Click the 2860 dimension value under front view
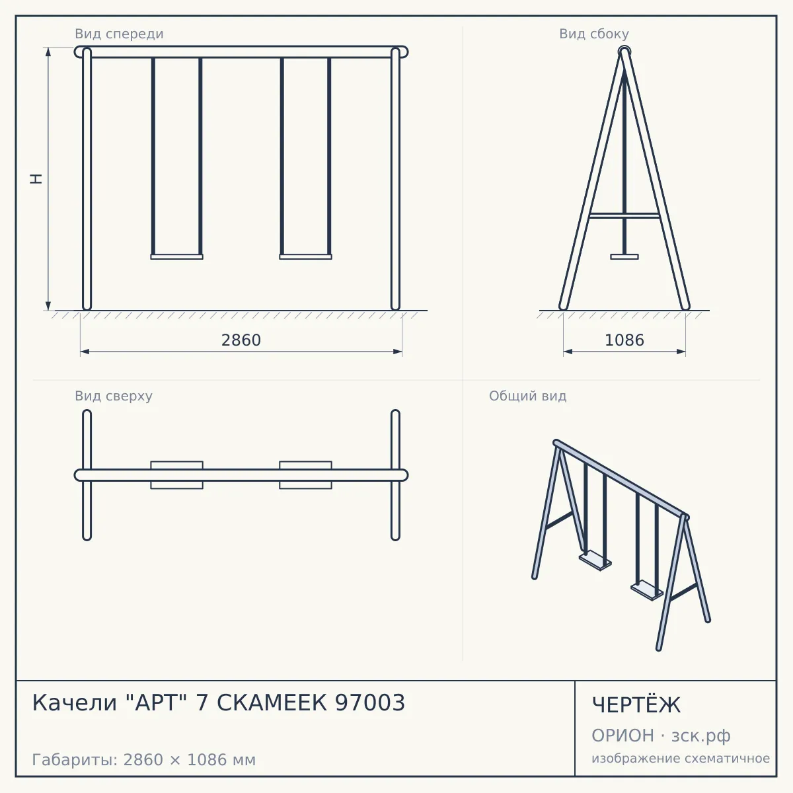[x=241, y=340]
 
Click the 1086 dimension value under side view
[x=624, y=340]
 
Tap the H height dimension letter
[x=36, y=178]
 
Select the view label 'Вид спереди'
[x=119, y=34]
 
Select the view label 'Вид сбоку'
[x=594, y=34]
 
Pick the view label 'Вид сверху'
[x=114, y=396]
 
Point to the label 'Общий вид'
[x=527, y=396]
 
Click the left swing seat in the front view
[x=176, y=257]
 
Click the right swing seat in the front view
[x=305, y=257]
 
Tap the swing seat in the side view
[x=624, y=257]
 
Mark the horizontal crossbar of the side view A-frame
[x=624, y=215]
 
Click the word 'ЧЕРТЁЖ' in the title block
[x=636, y=704]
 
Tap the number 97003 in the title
[x=370, y=702]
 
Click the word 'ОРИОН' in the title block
[x=623, y=736]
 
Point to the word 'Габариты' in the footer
[x=76, y=760]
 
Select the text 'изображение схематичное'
[x=681, y=758]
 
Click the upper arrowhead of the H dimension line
[x=48, y=52]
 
